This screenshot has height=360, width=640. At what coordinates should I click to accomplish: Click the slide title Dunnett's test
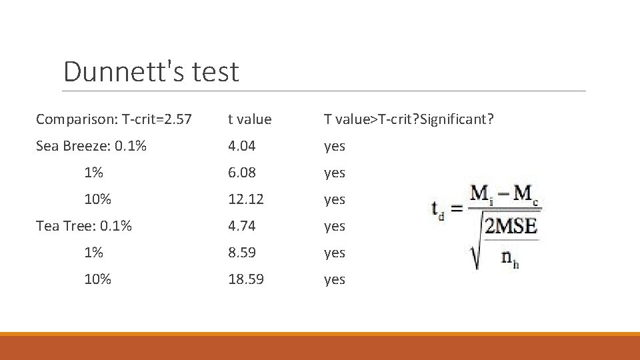click(x=151, y=72)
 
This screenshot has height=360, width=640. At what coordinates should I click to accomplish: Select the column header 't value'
click(x=249, y=119)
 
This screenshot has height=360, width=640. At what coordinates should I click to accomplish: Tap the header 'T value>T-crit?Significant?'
click(x=409, y=119)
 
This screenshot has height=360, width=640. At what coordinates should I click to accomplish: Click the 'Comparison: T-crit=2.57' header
click(x=113, y=119)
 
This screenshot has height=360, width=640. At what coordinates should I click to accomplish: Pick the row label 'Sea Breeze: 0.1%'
click(x=91, y=146)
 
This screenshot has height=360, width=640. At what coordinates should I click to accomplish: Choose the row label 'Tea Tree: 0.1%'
click(x=83, y=226)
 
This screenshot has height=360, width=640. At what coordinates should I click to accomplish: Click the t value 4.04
click(x=242, y=146)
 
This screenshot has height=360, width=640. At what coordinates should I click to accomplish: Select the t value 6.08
click(x=242, y=173)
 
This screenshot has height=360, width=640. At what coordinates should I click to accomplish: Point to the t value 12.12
click(x=245, y=199)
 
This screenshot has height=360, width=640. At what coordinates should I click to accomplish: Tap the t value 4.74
click(x=242, y=226)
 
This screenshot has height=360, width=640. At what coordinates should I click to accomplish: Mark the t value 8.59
click(x=242, y=253)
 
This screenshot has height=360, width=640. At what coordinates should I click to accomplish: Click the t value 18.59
click(x=245, y=279)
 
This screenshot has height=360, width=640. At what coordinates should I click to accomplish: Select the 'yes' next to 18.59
click(x=334, y=280)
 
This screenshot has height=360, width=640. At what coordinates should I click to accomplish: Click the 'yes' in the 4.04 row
click(x=334, y=147)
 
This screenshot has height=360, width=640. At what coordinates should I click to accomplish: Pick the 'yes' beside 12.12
click(x=334, y=200)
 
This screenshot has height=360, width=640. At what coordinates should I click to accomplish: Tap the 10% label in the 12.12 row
click(x=97, y=199)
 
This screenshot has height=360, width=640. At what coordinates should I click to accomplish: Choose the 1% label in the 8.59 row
click(x=93, y=253)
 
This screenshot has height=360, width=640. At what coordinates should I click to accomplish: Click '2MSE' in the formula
click(x=511, y=226)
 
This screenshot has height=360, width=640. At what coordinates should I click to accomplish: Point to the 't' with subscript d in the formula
click(x=437, y=210)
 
